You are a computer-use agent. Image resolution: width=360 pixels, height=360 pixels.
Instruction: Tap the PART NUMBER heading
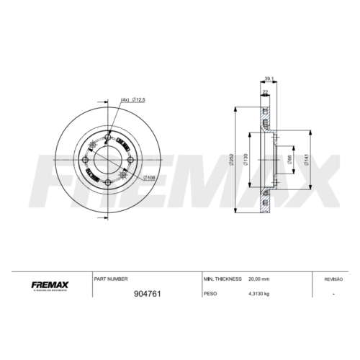111,277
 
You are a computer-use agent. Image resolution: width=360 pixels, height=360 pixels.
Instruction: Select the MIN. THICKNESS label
221,277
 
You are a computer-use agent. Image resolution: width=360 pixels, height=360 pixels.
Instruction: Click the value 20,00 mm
260,277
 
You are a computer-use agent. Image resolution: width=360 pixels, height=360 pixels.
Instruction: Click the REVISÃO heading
333,277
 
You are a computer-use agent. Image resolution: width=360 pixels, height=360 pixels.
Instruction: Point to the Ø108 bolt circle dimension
150,177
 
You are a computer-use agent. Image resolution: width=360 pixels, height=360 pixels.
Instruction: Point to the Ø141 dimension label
307,159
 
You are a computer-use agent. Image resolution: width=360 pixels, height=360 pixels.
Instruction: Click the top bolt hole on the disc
108,138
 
